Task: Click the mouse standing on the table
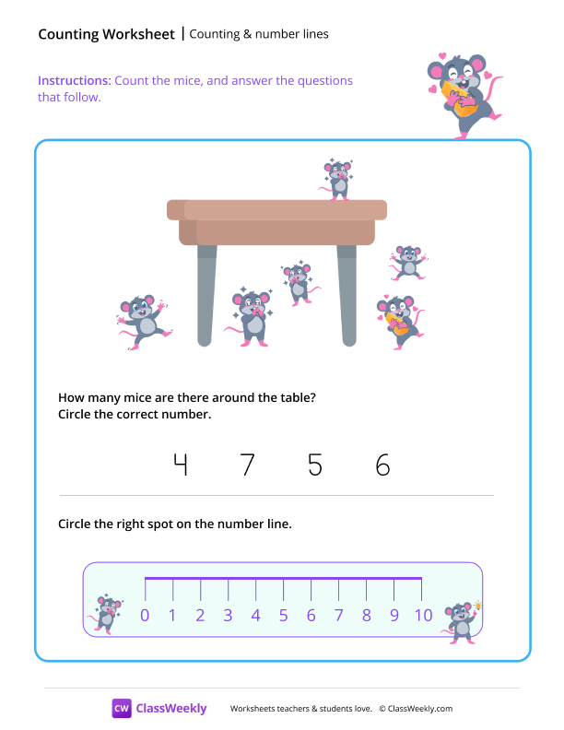tap(339, 179)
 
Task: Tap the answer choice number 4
tap(180, 465)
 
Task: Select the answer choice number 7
tap(247, 465)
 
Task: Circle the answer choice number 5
tap(315, 465)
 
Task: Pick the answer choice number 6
tap(383, 465)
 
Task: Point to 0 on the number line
tap(145, 616)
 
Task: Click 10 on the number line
tap(422, 616)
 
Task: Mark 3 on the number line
tap(228, 616)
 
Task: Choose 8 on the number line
tap(366, 616)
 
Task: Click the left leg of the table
tap(206, 295)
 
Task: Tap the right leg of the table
tap(347, 295)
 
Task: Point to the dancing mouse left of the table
tap(140, 321)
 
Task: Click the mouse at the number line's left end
tap(108, 613)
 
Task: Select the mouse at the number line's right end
tap(460, 620)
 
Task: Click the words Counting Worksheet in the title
tap(106, 34)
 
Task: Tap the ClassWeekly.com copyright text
tap(416, 709)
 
